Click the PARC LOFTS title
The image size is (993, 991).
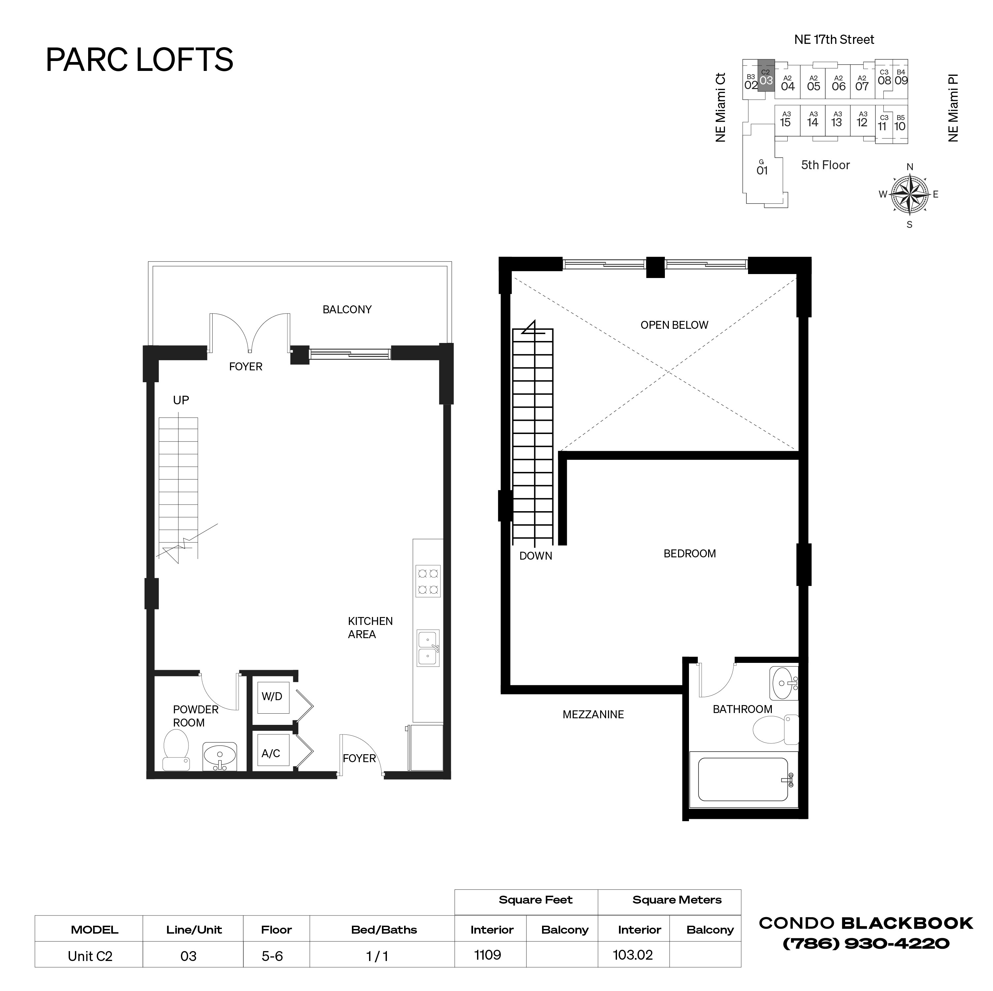coord(139,60)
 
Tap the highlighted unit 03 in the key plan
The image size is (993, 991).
coord(766,77)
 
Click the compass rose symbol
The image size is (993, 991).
coord(910,195)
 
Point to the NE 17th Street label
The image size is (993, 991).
coord(834,40)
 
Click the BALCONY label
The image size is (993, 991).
coord(347,310)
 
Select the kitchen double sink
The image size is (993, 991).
coord(428,648)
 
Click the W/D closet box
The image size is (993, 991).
coord(272,697)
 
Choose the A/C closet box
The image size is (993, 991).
coord(272,753)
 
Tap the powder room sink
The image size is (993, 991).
coord(220,756)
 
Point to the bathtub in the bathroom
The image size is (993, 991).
coord(743,780)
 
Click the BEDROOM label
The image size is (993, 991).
coord(689,553)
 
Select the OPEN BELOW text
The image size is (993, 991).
coord(674,325)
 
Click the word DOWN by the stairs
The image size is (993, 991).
coord(535,556)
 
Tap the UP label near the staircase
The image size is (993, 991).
coord(181,400)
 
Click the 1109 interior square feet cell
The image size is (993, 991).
coord(487,955)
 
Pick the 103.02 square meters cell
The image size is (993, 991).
coord(633,955)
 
